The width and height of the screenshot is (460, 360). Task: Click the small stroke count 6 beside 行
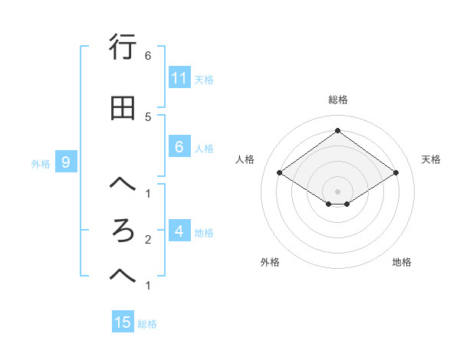click(148, 55)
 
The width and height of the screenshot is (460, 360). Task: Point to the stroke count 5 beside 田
click(148, 116)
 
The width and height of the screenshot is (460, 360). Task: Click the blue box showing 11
click(179, 77)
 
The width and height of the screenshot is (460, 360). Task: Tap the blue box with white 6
click(179, 147)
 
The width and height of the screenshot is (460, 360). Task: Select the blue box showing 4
click(179, 231)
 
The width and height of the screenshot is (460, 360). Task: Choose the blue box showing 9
click(67, 162)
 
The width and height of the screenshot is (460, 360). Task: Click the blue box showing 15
click(123, 322)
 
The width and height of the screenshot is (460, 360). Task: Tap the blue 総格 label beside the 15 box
click(147, 324)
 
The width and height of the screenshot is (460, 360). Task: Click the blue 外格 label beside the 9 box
click(41, 163)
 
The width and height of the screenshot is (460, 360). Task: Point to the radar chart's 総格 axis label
click(338, 100)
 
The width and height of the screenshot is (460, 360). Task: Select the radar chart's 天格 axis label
click(431, 159)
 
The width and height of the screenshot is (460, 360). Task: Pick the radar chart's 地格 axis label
click(402, 262)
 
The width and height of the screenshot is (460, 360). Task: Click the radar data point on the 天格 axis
click(396, 173)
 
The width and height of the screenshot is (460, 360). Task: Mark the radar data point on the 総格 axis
click(338, 130)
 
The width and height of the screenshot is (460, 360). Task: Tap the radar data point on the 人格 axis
click(280, 173)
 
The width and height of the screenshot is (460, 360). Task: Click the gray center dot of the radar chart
click(338, 191)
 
